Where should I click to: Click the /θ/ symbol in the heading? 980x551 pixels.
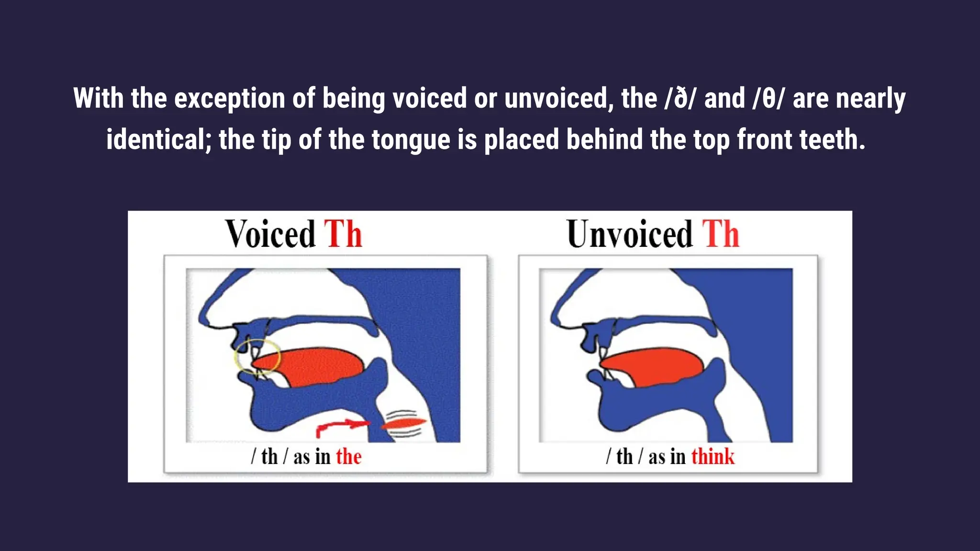tap(768, 99)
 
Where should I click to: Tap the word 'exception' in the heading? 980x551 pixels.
tap(230, 99)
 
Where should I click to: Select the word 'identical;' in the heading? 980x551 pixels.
tap(157, 140)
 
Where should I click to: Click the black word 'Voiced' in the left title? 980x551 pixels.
tap(270, 234)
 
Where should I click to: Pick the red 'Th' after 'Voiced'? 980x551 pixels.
tap(343, 234)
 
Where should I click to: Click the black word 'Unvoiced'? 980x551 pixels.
tap(629, 234)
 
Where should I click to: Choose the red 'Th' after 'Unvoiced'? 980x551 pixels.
tap(721, 234)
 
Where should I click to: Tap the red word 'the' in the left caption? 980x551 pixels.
tap(348, 457)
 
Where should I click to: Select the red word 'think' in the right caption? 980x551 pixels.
tap(713, 457)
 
